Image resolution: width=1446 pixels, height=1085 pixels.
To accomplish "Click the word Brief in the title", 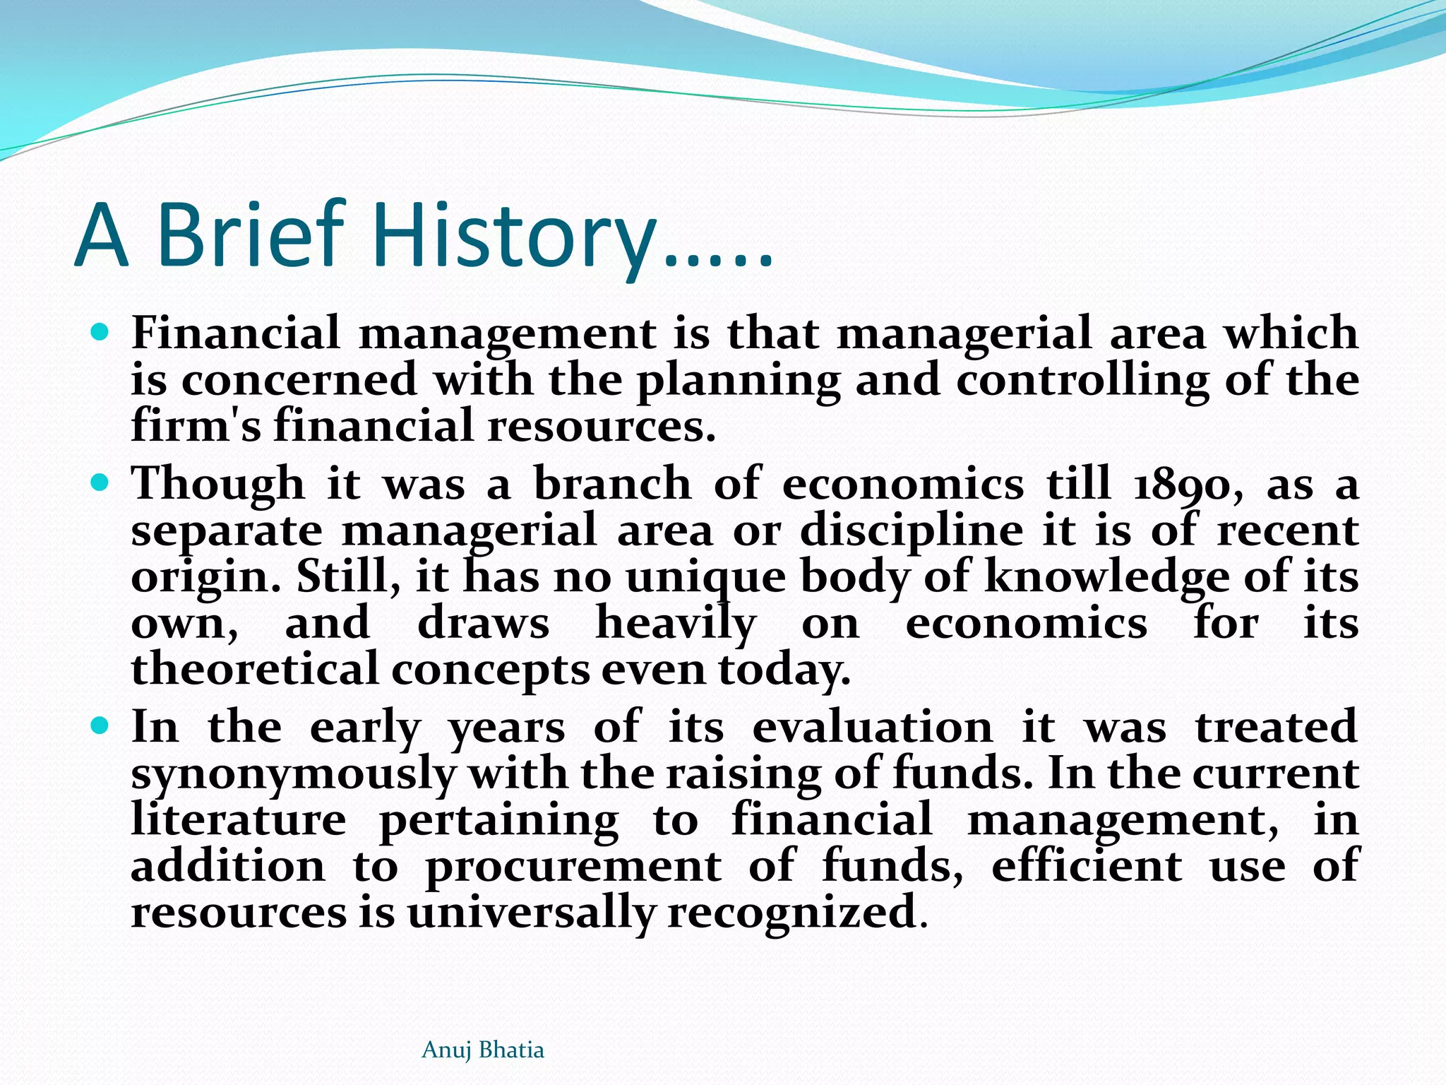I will (251, 235).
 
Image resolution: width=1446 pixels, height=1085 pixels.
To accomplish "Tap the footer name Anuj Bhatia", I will (482, 1050).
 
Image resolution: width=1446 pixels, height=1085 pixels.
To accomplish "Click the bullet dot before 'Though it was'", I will (100, 482).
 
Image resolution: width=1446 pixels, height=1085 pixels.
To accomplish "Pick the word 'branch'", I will (612, 485).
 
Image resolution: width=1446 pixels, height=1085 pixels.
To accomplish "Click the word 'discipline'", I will (912, 531).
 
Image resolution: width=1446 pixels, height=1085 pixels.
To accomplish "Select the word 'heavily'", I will (676, 624).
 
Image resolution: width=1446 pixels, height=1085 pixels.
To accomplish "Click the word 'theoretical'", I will (255, 670).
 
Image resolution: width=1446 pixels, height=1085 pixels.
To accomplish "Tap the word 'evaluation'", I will (872, 728).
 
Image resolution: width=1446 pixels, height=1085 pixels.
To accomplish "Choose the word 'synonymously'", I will (293, 774).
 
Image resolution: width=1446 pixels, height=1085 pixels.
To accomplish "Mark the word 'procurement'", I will (573, 867).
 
